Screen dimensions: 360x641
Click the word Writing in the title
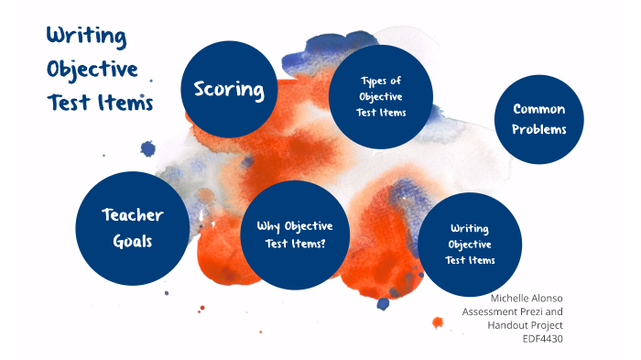click(x=86, y=37)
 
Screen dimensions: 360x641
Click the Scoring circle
click(x=229, y=89)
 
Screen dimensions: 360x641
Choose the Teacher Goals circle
click(x=133, y=227)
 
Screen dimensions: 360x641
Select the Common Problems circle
click(x=538, y=119)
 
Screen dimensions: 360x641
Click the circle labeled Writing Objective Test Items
click(x=470, y=244)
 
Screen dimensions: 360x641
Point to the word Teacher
click(x=133, y=215)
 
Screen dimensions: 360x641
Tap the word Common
click(x=538, y=109)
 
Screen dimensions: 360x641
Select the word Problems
click(x=538, y=129)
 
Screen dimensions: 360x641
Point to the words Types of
click(x=381, y=81)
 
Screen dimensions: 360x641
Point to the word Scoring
click(x=229, y=90)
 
